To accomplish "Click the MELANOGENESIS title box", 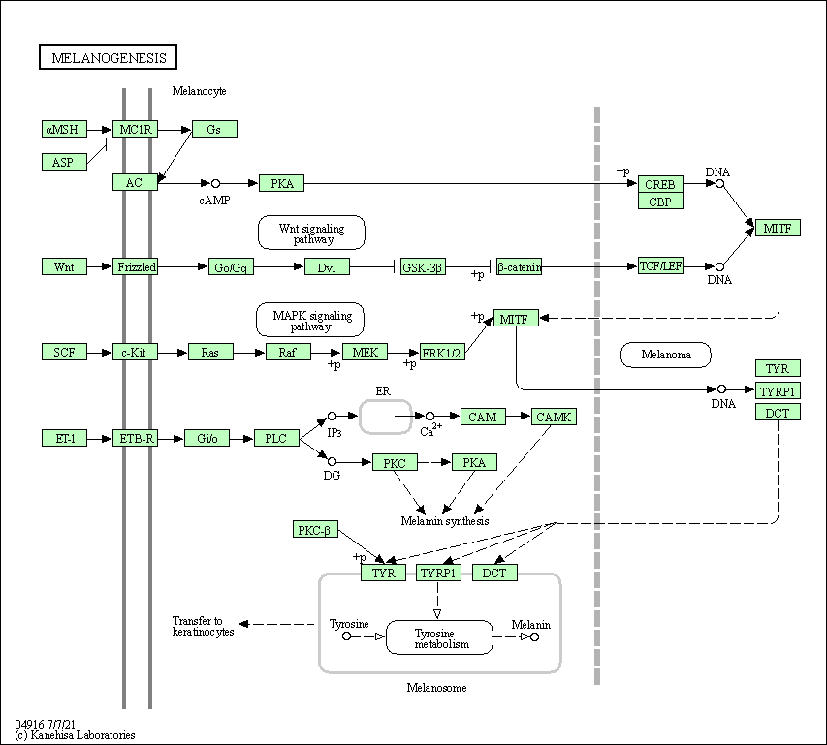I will (x=109, y=57).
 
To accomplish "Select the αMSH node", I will (x=64, y=129).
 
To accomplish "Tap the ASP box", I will (x=64, y=162).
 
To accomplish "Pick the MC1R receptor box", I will (x=135, y=129).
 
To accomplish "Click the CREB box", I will (x=660, y=184).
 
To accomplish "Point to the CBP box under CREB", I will (x=660, y=202).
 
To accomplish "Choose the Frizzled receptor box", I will (x=135, y=266).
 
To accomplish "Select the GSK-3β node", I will (x=424, y=266).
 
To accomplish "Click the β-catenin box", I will (x=519, y=266).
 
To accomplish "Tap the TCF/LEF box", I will (x=660, y=265).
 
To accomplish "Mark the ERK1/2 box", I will (x=442, y=353).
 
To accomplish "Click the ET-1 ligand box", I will (x=64, y=438).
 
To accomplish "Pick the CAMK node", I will (x=554, y=417).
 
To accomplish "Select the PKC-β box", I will (x=315, y=530).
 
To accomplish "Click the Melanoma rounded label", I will (x=666, y=355).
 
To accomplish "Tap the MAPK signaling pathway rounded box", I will (x=310, y=320).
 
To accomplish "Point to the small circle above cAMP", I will (x=216, y=183).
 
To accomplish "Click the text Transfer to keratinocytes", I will (x=203, y=626).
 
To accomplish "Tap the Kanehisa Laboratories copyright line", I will (x=76, y=735).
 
